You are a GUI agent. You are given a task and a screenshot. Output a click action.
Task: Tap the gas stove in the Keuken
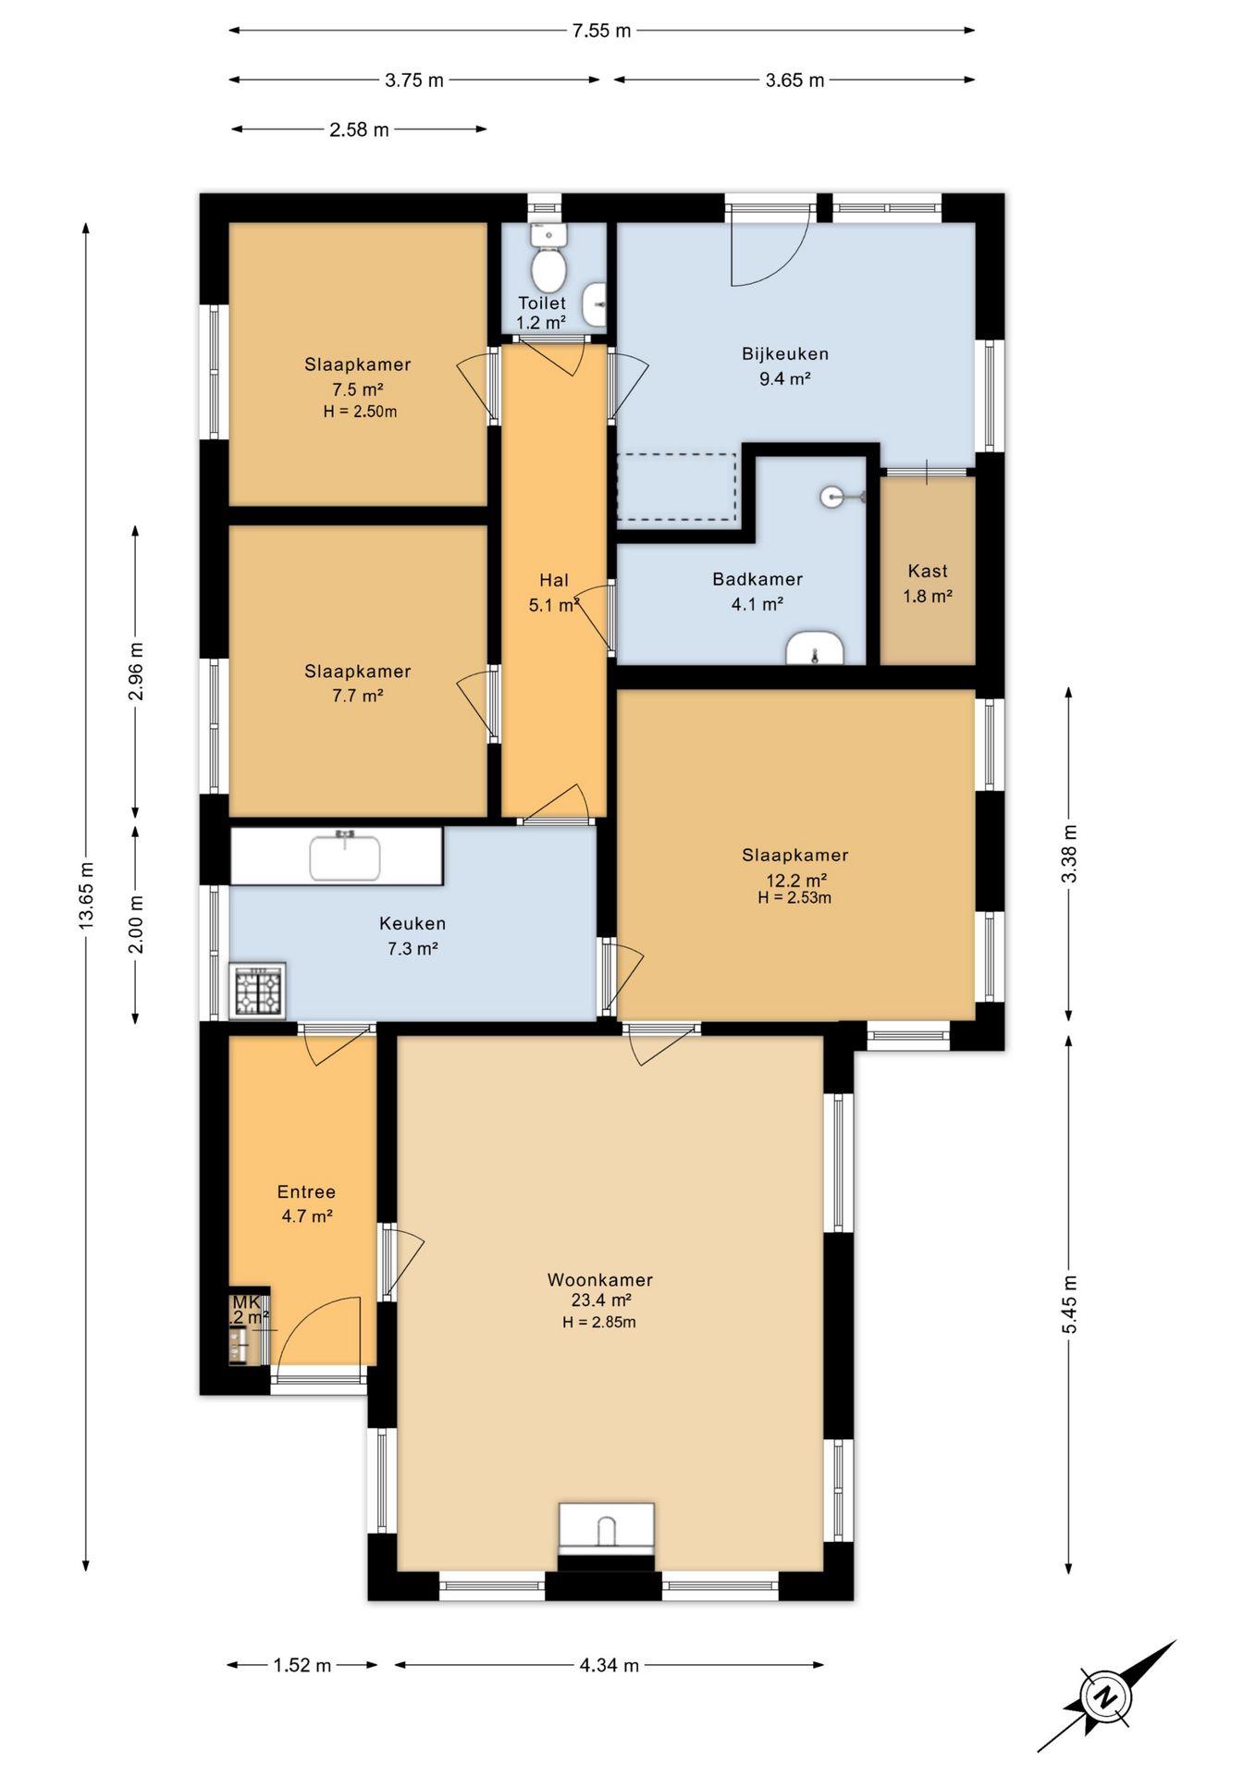click(257, 991)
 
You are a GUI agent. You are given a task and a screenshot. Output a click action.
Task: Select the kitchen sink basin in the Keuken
click(345, 857)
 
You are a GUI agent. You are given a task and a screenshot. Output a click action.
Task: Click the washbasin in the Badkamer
click(814, 648)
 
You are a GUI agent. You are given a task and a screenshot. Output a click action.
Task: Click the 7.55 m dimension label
click(601, 31)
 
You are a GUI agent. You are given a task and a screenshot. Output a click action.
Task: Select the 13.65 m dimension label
click(86, 895)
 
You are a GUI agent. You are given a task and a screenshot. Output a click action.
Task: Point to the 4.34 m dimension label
click(610, 1665)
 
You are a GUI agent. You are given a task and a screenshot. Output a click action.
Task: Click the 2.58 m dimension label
click(359, 129)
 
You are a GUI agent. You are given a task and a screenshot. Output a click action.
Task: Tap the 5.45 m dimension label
click(1069, 1304)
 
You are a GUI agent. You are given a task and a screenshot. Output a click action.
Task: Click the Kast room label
click(928, 571)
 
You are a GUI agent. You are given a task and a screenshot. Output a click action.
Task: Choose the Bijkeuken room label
click(785, 353)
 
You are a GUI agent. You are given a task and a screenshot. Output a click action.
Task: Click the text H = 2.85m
click(599, 1323)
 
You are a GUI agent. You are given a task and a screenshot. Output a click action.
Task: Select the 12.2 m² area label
click(796, 880)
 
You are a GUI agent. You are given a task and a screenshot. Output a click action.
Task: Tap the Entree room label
click(306, 1191)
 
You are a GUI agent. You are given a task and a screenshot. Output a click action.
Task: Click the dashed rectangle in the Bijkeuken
click(677, 487)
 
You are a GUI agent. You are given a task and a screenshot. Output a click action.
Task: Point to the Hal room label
click(554, 580)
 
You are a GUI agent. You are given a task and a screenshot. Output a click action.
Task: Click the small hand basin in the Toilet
click(597, 304)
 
